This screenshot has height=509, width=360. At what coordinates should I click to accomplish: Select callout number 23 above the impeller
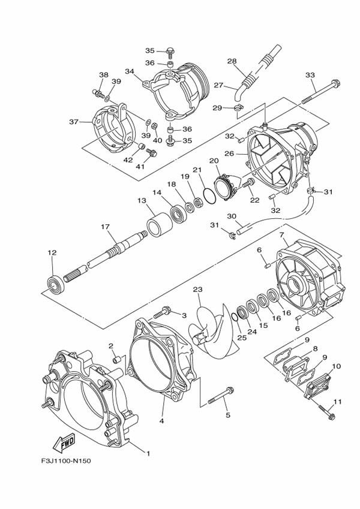(197, 289)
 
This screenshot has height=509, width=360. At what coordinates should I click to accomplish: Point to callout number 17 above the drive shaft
(105, 227)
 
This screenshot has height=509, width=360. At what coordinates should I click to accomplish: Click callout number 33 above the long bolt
(310, 76)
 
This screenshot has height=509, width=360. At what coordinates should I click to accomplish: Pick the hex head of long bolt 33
(335, 83)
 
